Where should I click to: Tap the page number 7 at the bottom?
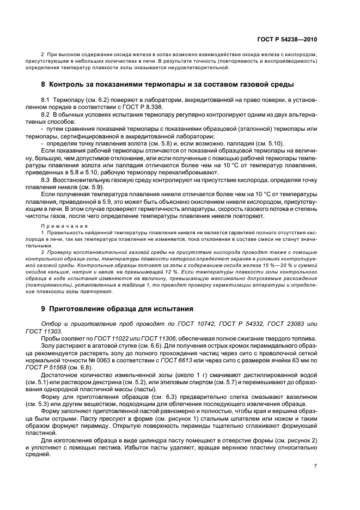point(316,466)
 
